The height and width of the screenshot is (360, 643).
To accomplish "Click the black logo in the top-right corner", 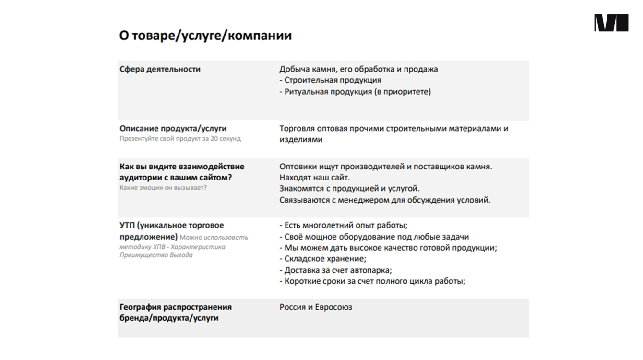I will click(611, 23).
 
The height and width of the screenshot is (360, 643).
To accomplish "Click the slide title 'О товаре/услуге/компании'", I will click(205, 36).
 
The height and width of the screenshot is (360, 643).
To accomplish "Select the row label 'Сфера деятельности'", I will click(160, 69).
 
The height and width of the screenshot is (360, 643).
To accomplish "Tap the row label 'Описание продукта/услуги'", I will click(173, 129).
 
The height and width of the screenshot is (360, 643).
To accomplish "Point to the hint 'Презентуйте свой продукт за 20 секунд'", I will click(180, 139).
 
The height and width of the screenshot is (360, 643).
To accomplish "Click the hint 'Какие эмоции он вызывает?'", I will click(163, 188).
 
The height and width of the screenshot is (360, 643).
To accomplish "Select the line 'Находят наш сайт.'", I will click(314, 178).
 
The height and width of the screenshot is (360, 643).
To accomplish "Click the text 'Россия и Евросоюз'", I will click(316, 307).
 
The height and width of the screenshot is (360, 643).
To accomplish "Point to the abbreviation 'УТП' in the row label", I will click(128, 226).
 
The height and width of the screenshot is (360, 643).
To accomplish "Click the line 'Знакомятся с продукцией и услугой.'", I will click(349, 189).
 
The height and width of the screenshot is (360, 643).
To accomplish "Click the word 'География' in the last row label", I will click(140, 307).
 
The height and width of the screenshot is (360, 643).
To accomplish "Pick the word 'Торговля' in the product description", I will click(298, 129).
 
